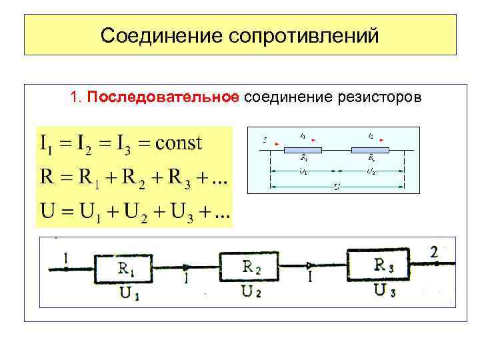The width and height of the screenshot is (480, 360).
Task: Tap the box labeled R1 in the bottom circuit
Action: pos(123,269)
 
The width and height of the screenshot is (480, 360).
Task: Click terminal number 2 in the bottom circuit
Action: pos(435,252)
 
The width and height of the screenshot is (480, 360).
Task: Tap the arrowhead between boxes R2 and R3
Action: pos(311,265)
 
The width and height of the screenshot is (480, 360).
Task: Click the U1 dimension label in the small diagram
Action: pos(303,171)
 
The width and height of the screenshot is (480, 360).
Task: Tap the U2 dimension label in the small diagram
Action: pos(371,171)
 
